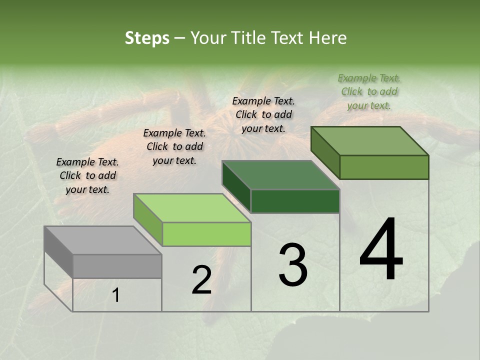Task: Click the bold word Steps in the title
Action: (147, 38)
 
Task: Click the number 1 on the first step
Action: (116, 295)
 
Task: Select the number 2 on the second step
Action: (201, 280)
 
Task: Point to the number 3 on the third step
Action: (293, 265)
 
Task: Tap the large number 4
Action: (381, 250)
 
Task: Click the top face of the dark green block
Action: (280, 175)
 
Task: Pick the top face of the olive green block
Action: (369, 141)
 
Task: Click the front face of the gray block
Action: (117, 266)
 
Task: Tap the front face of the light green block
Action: (206, 234)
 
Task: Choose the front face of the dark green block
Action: (295, 201)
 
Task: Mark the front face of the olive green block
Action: (384, 167)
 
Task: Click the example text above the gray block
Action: (87, 175)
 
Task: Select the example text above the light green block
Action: (174, 146)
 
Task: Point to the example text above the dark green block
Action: (263, 114)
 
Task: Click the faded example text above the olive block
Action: (369, 91)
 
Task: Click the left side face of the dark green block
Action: (236, 186)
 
